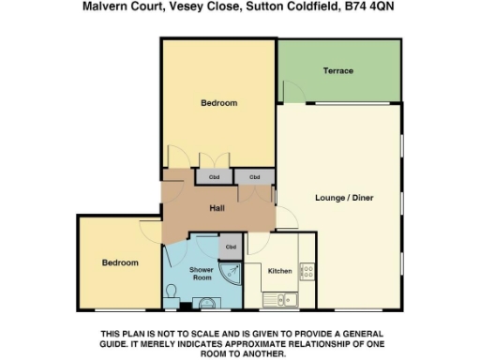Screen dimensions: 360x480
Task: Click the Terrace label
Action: coord(338,71)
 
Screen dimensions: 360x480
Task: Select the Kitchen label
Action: coord(279,271)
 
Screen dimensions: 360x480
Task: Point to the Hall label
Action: coord(216,208)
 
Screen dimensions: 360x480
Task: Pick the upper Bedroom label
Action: coord(218,103)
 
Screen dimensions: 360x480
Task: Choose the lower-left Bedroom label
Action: coord(120,262)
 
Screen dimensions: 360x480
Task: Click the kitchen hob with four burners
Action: coord(307,273)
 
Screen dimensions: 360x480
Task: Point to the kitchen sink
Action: coord(278,300)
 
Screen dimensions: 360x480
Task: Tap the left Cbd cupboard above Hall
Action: coord(214,176)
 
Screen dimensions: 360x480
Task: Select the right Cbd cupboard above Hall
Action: coord(253,176)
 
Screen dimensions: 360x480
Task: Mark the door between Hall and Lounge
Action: coord(286,218)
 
